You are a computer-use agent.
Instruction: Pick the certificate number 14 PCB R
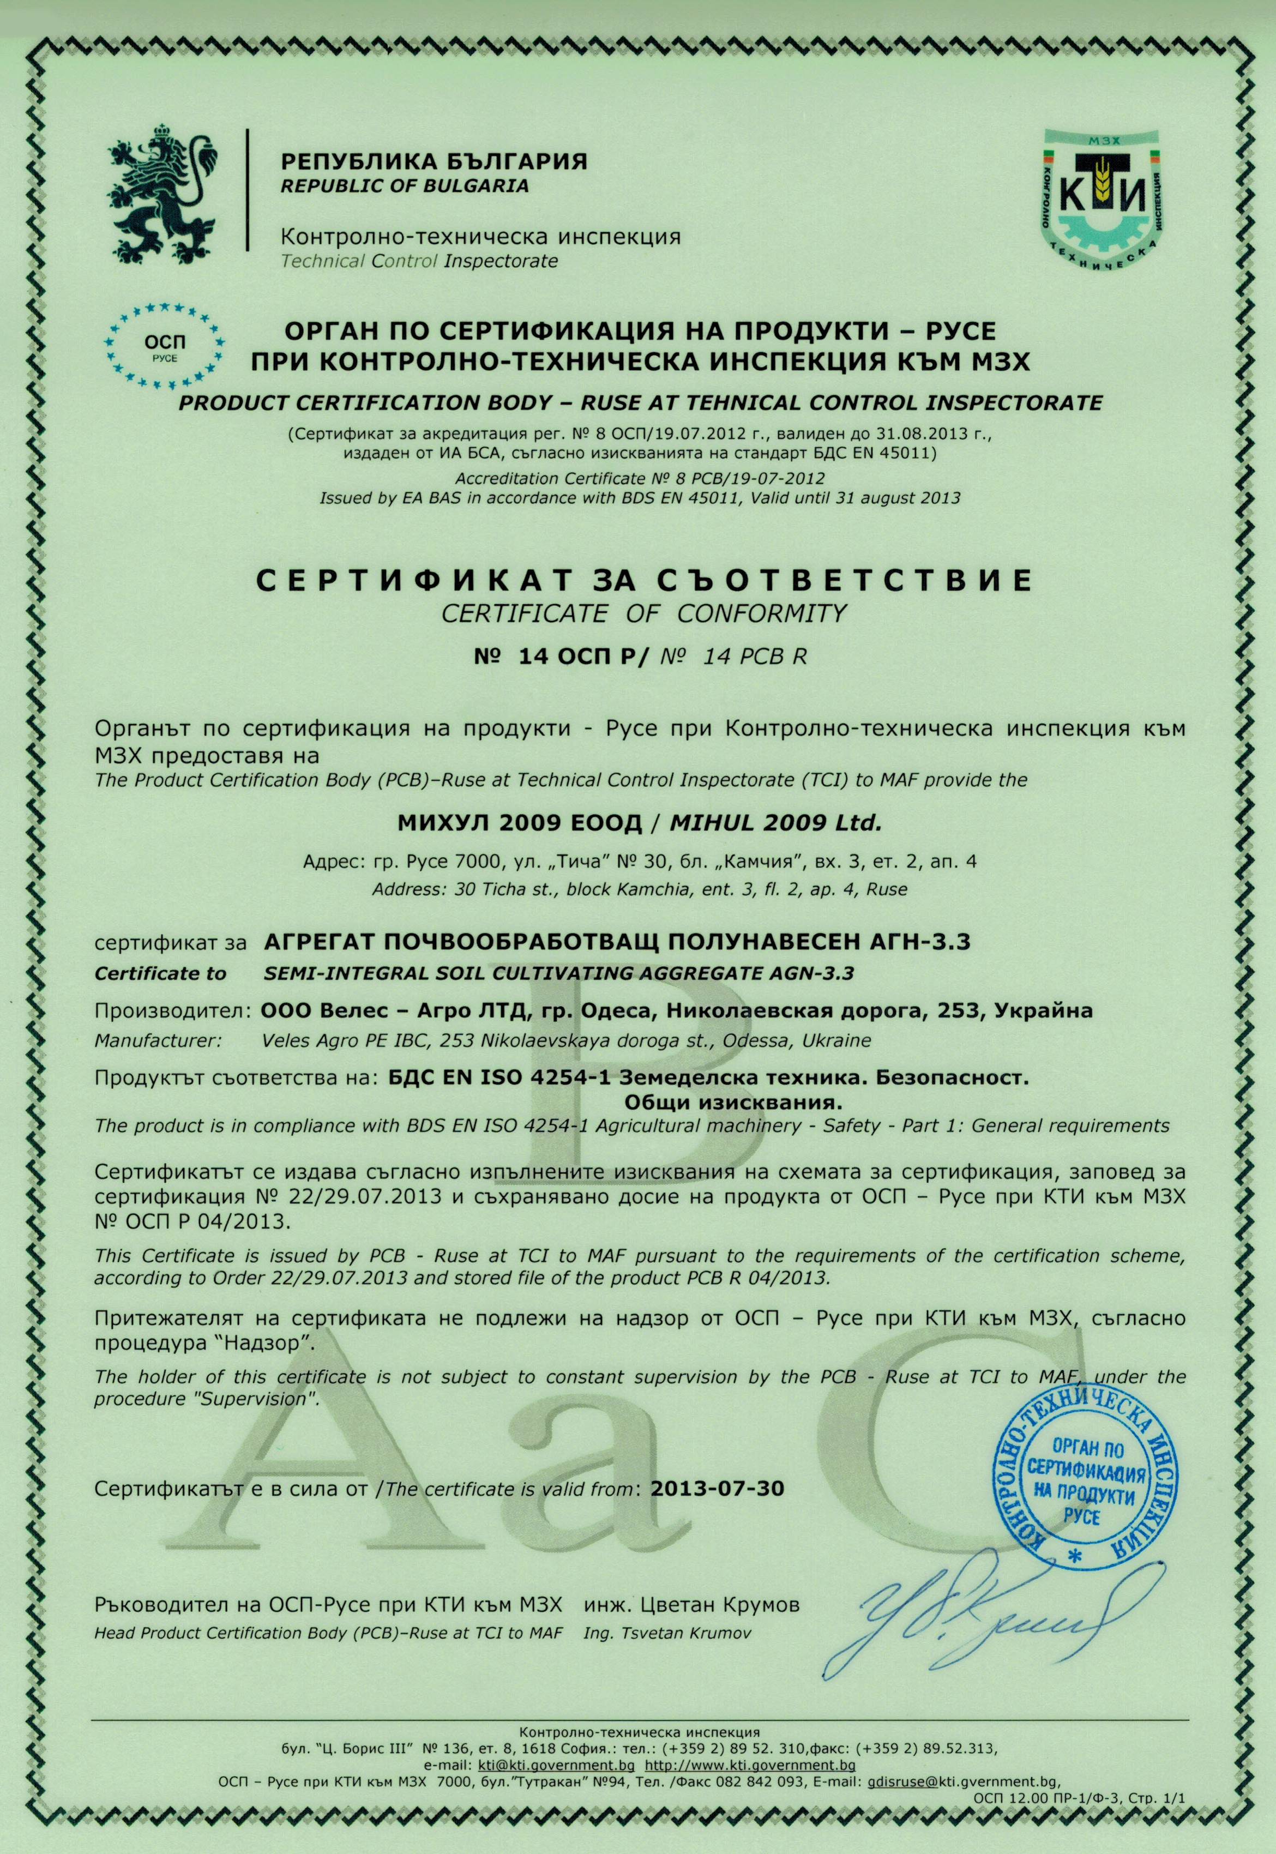(755, 657)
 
